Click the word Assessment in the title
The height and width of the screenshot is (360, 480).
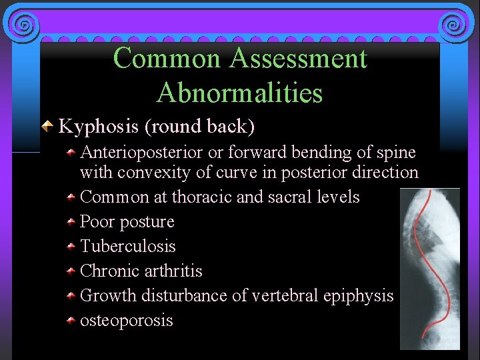point(298,59)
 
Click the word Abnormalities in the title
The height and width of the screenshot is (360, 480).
point(239,93)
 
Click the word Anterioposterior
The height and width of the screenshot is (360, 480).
point(141,153)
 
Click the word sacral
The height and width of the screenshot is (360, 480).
point(292,197)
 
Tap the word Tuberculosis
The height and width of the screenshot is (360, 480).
point(128,247)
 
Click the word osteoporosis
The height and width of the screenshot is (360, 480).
point(127,321)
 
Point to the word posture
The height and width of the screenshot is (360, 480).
point(147,222)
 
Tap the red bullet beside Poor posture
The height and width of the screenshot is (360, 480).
point(70,222)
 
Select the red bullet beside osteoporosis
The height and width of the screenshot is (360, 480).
point(70,321)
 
